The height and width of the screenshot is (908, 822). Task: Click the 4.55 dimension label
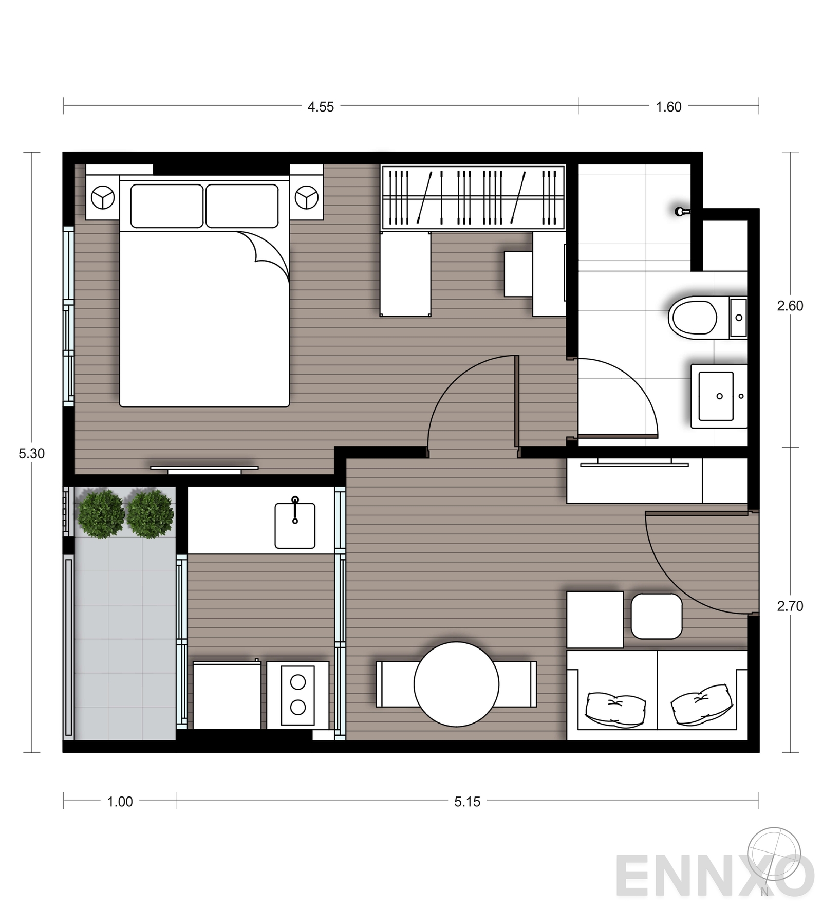321,107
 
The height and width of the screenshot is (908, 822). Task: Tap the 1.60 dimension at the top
668,107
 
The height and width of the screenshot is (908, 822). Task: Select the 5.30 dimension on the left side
31,454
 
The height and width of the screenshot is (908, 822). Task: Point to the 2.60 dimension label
790,306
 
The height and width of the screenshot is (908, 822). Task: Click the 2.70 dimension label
790,606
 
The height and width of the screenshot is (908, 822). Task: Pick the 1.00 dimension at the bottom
120,802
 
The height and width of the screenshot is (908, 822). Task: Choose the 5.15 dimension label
467,802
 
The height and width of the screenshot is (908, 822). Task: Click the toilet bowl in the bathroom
693,318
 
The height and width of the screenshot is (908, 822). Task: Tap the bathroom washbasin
716,396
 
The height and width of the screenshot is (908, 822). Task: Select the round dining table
456,684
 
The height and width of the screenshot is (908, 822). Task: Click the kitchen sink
295,525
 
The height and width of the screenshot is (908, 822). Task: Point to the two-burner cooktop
298,695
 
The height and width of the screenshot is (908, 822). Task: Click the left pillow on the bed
166,206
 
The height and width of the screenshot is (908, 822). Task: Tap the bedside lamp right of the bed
307,198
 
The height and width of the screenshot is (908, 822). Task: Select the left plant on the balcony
101,514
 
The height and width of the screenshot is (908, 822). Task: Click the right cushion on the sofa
702,705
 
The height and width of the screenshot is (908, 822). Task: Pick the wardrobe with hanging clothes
473,197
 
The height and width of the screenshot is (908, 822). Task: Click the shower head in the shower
681,211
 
